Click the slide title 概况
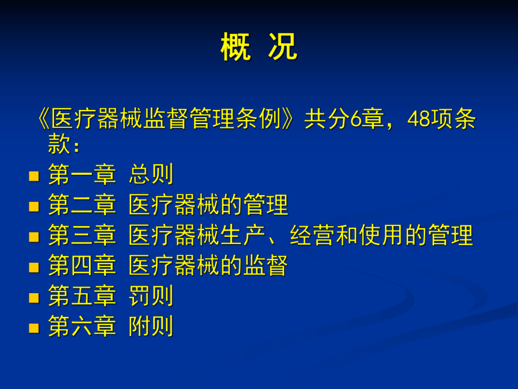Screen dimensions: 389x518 [258, 47]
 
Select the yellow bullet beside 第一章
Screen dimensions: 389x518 [34, 176]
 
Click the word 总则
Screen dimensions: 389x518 [151, 175]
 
